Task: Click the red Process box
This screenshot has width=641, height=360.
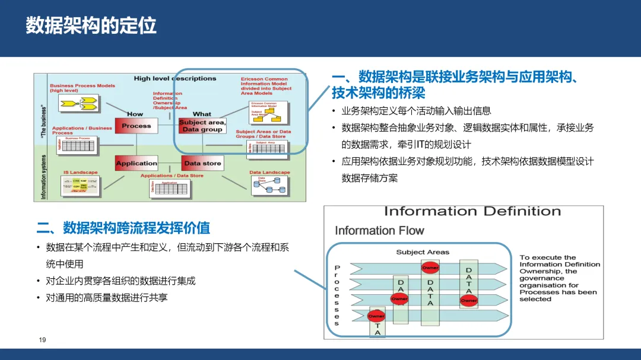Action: tap(137, 126)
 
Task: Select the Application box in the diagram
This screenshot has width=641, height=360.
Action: tap(137, 163)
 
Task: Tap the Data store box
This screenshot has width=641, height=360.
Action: tap(202, 163)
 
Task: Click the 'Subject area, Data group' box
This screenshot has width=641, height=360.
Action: tap(202, 126)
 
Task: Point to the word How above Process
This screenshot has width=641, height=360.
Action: tap(135, 114)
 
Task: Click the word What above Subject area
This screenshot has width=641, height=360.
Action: tap(202, 114)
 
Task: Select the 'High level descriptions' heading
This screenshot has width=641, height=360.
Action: tap(175, 78)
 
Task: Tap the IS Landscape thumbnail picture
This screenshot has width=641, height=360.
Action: tap(81, 186)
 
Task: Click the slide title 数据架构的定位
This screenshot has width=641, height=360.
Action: tap(91, 26)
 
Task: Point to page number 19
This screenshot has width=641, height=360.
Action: tap(42, 340)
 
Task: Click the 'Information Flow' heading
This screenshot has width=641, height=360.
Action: tap(379, 231)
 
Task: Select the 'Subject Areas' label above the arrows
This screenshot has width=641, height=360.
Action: tap(423, 252)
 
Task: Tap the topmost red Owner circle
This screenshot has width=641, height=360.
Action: tap(430, 268)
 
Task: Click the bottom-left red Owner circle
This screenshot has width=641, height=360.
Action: tap(376, 316)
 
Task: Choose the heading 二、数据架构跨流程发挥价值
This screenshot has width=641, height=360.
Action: tap(123, 228)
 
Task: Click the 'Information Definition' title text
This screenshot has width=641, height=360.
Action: tap(472, 212)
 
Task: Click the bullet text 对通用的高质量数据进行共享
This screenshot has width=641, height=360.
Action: tap(107, 298)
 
